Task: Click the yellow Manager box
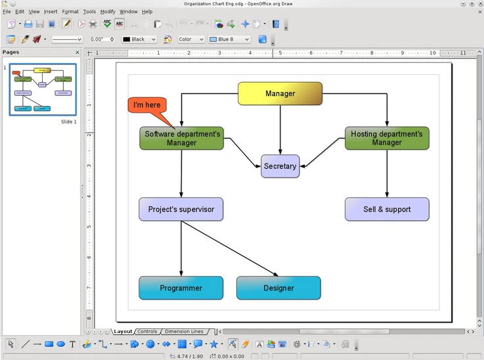coord(280,93)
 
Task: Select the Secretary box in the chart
coord(280,166)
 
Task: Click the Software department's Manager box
coord(181,138)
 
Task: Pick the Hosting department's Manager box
coord(387,138)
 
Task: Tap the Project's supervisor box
coord(181,209)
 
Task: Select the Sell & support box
coord(387,209)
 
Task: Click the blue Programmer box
coord(181,288)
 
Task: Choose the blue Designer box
coord(278,288)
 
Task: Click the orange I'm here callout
coord(147,105)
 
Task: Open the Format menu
coord(70,11)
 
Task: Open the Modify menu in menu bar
coord(108,11)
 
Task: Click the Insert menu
coord(51,11)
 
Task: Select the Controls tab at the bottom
coord(147,332)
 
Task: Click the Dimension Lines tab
coord(183,332)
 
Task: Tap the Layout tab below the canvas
coord(123,332)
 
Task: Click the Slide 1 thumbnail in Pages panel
coord(43,89)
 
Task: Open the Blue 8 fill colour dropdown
coord(229,39)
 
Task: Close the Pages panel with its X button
coord(77,53)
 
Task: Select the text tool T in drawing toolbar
coord(72,344)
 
